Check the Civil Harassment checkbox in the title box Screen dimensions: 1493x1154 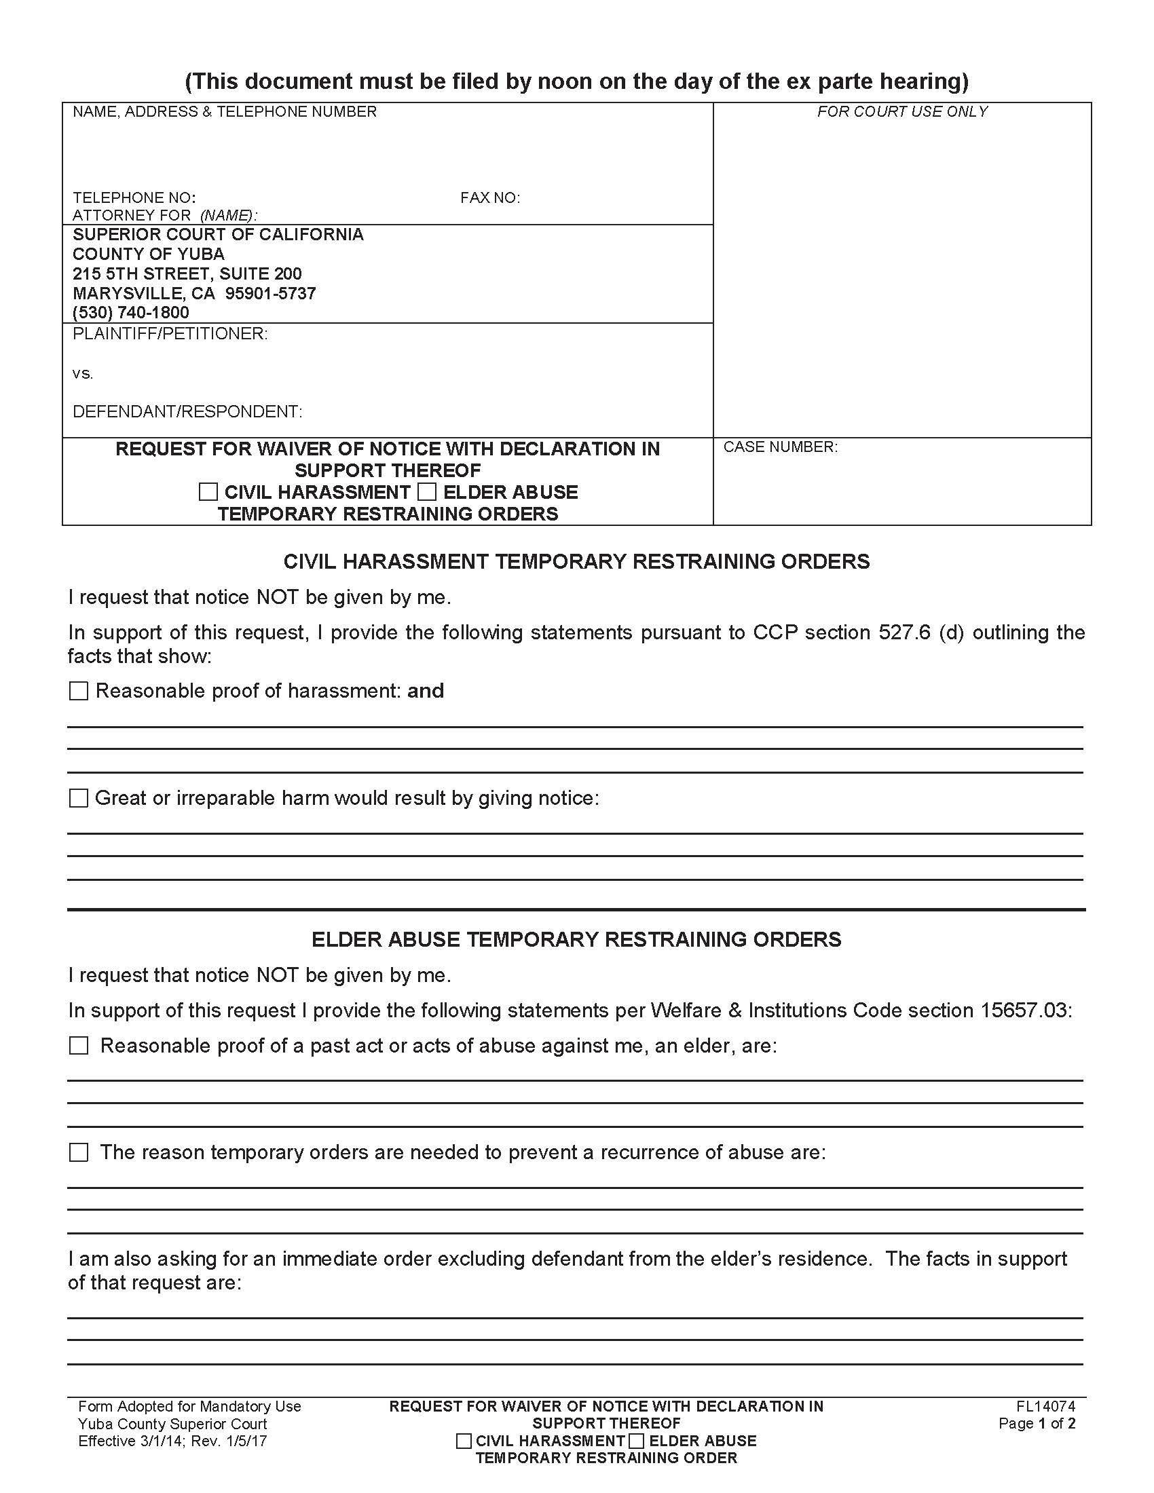pos(208,492)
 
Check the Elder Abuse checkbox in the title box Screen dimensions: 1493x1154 pos(426,492)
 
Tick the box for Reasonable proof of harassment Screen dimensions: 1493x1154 pos(79,691)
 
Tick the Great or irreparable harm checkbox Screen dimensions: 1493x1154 pos(79,798)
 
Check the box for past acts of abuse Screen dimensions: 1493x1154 pos(79,1045)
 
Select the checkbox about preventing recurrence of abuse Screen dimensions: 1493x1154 pos(79,1152)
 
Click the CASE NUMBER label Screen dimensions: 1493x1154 pos(780,447)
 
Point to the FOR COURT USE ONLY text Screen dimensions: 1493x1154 pos(901,111)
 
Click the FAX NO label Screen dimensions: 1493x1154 pos(489,198)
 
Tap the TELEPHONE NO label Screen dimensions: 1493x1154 pos(134,198)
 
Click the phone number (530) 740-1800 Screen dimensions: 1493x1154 pos(130,312)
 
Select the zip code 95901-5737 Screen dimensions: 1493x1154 pos(271,293)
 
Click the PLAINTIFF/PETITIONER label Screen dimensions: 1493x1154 pos(170,334)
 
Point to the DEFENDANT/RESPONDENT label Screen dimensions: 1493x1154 pos(187,411)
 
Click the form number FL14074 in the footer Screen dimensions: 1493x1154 pos(1045,1406)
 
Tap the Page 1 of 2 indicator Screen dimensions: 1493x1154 pos(1037,1423)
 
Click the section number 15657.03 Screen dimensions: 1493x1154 pos(1025,1010)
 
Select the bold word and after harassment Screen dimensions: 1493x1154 pos(425,691)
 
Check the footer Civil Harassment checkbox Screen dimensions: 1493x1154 pos(464,1441)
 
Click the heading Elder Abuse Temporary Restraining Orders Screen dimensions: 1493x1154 pos(576,939)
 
